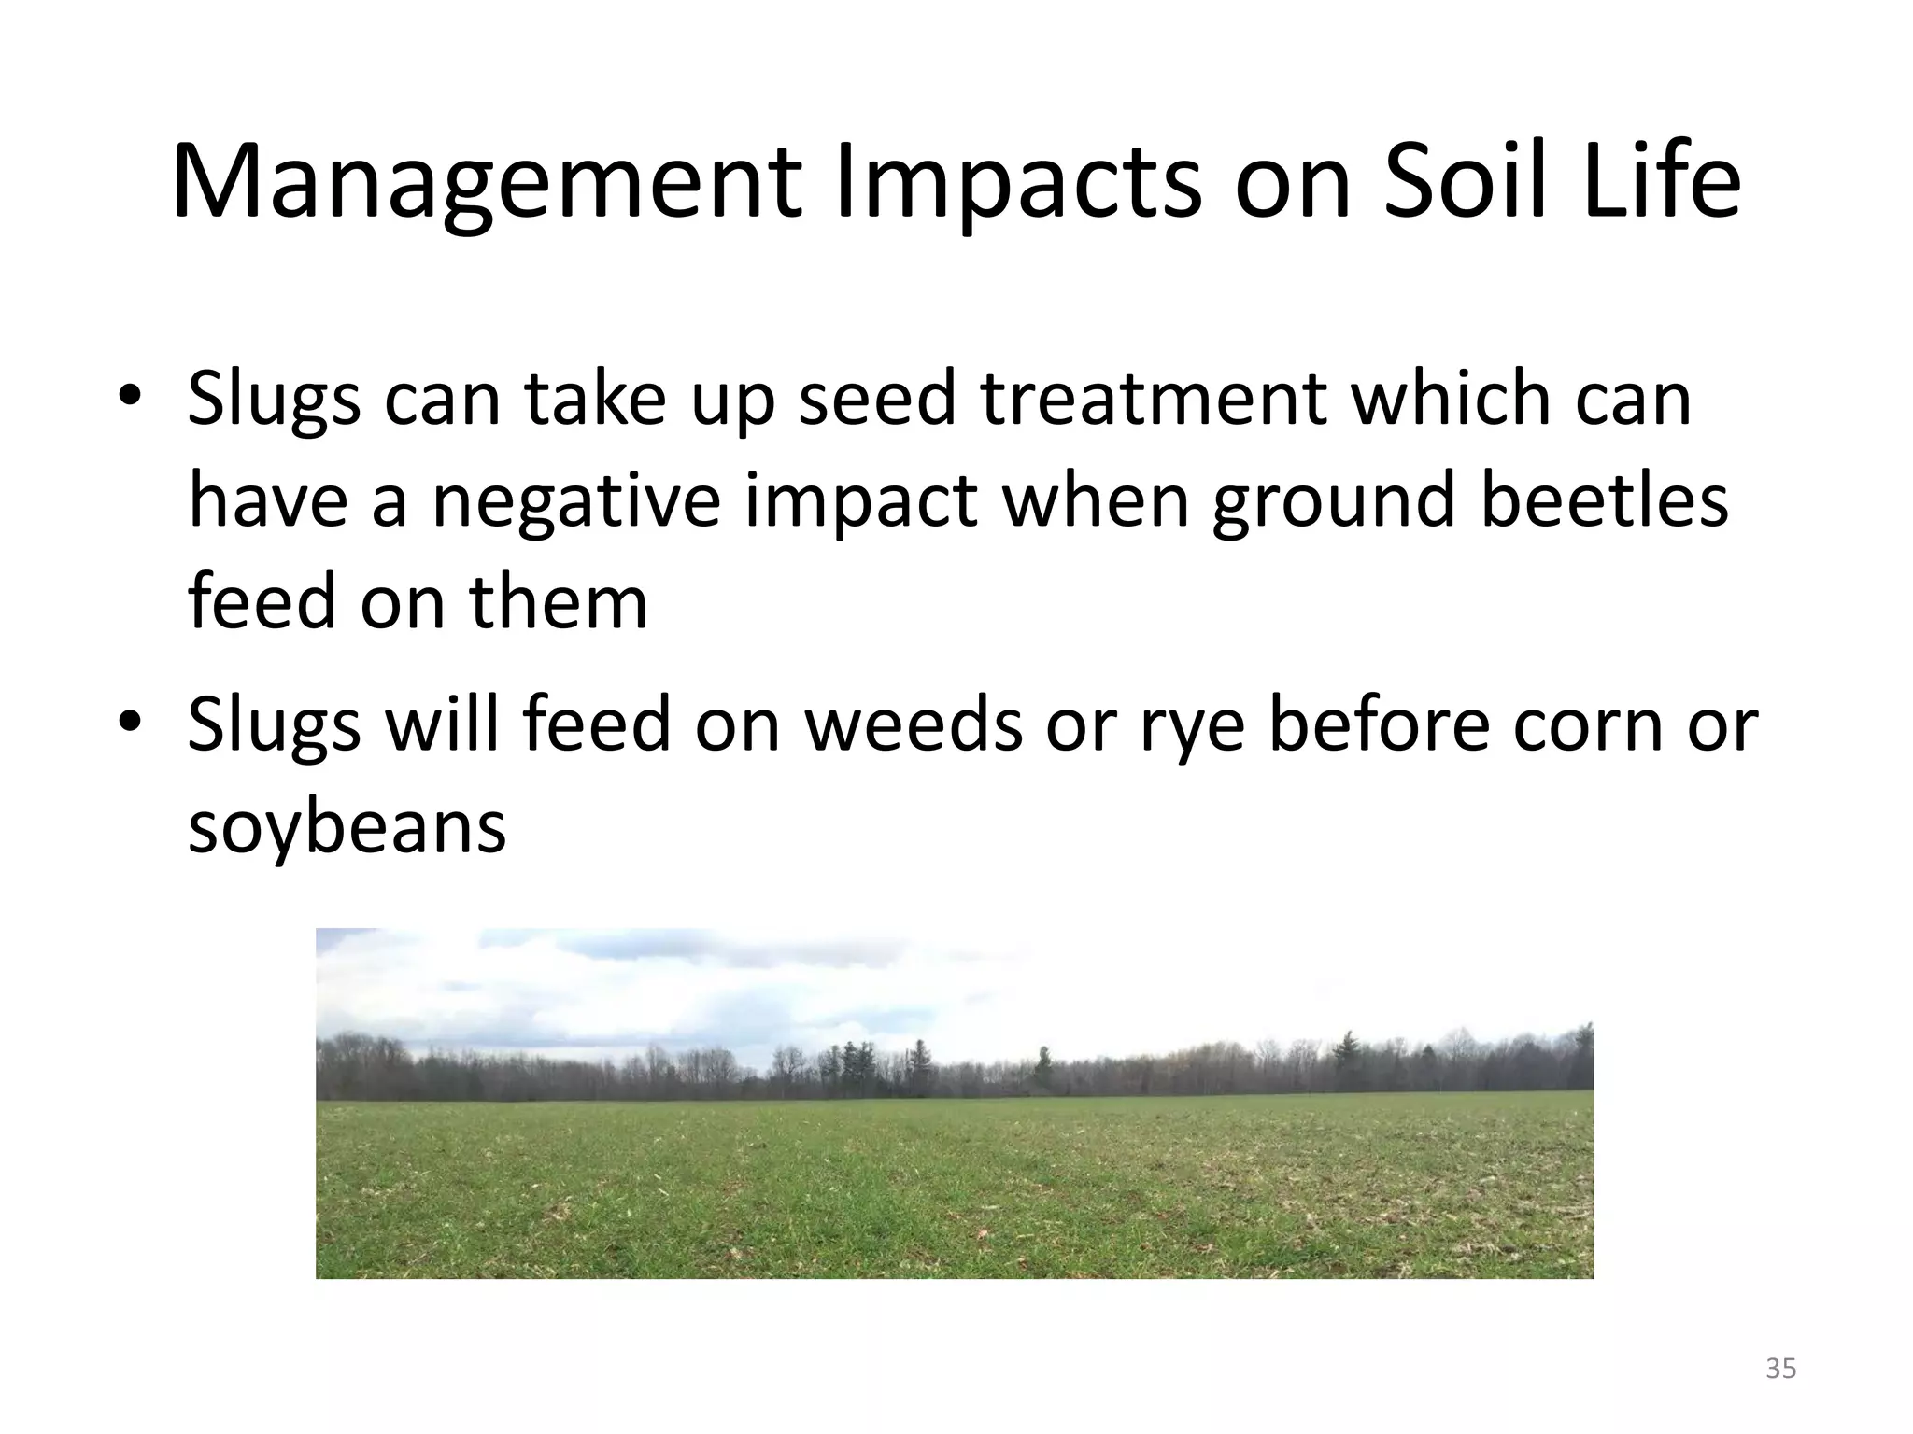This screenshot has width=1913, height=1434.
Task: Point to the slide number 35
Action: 1781,1369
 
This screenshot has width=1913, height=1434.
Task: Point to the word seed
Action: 878,399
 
